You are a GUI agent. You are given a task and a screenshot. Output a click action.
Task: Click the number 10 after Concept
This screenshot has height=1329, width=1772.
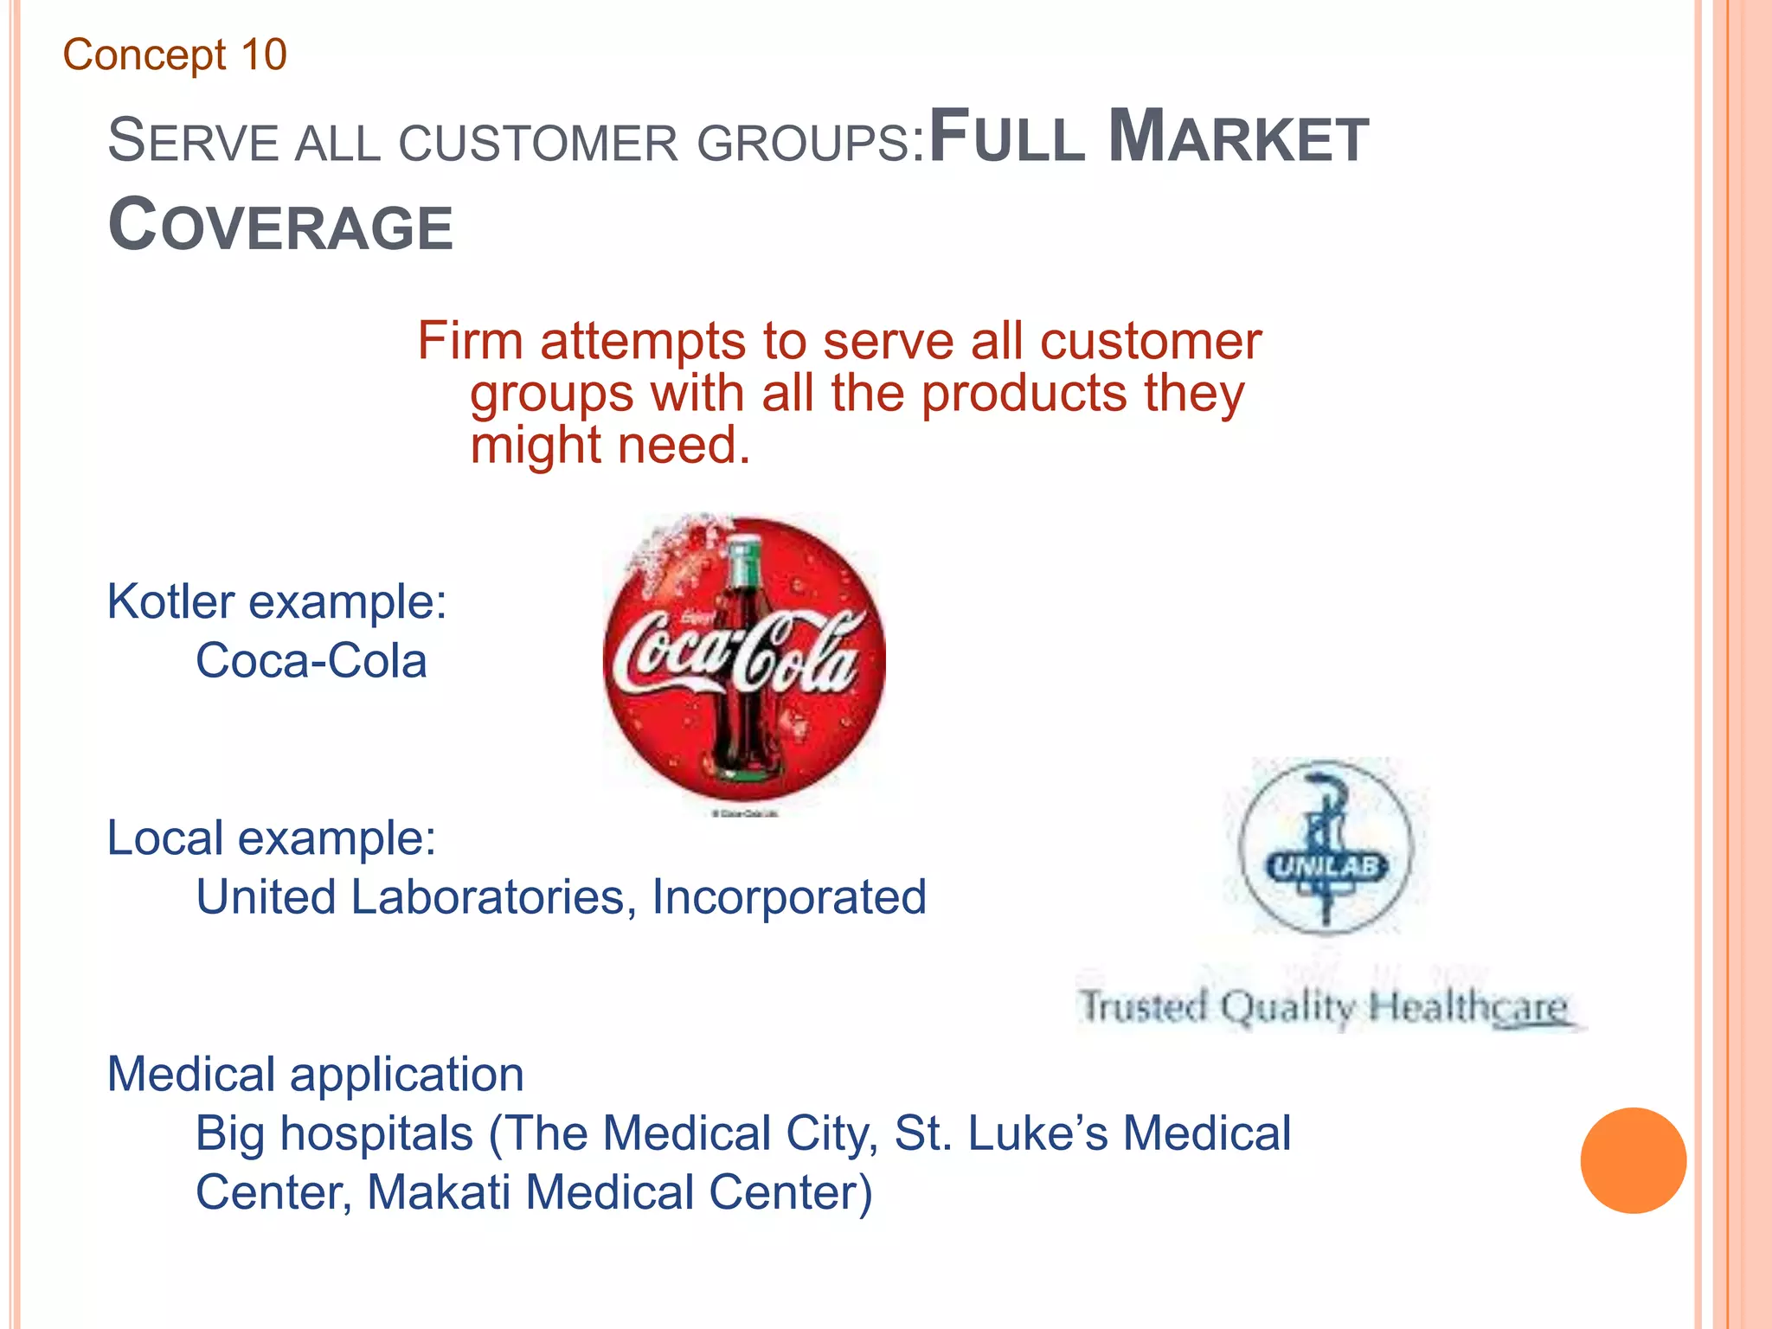tap(264, 55)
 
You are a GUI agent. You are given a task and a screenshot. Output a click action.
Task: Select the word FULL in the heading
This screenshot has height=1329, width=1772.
tap(1006, 138)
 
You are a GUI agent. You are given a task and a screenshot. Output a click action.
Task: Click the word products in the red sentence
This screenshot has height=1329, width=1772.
tap(1024, 394)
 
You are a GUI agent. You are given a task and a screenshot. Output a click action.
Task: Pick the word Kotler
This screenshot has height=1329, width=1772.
tap(170, 601)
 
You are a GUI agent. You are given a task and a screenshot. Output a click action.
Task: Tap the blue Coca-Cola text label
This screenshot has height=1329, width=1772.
tap(311, 662)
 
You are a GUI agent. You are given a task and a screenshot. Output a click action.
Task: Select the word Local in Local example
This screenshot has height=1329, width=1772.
tap(164, 838)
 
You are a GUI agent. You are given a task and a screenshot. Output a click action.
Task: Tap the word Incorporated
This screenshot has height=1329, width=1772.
tap(788, 897)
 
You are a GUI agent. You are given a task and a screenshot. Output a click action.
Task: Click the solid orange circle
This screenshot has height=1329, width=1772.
tap(1633, 1160)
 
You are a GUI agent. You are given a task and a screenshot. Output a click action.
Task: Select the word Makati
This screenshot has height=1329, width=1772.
tap(439, 1192)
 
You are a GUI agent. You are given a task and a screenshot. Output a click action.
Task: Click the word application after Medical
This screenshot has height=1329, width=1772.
tap(407, 1075)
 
